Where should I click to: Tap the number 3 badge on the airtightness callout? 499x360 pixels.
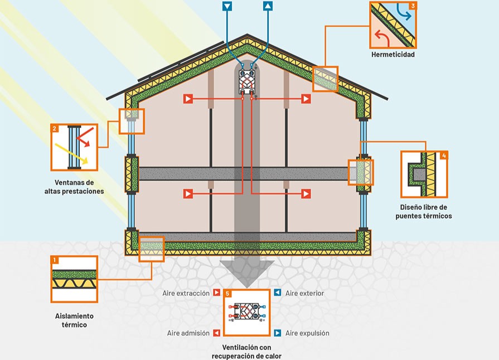pyautogui.click(x=412, y=6)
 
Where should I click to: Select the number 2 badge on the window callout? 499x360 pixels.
pyautogui.click(x=55, y=128)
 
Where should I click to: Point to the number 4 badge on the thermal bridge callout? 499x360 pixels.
pyautogui.click(x=444, y=155)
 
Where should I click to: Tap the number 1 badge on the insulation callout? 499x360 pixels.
pyautogui.click(x=54, y=260)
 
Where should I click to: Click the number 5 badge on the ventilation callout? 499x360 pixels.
pyautogui.click(x=227, y=293)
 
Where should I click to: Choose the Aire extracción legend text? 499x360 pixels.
pyautogui.click(x=186, y=293)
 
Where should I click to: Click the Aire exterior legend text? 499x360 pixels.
pyautogui.click(x=304, y=293)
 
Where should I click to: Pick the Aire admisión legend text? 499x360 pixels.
pyautogui.click(x=188, y=333)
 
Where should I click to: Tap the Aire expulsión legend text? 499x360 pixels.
pyautogui.click(x=307, y=333)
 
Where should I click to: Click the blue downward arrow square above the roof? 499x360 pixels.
pyautogui.click(x=227, y=7)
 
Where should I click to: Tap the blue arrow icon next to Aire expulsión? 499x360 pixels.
pyautogui.click(x=277, y=333)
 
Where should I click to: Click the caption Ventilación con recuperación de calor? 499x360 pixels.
pyautogui.click(x=247, y=352)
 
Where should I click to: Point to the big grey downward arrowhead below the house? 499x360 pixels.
pyautogui.click(x=247, y=273)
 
